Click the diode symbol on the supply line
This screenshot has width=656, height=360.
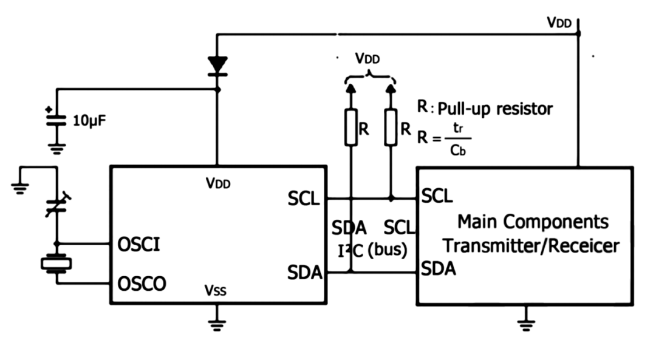pyautogui.click(x=217, y=65)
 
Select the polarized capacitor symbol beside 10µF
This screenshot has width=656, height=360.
pyautogui.click(x=57, y=121)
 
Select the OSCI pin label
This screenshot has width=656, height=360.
pyautogui.click(x=138, y=245)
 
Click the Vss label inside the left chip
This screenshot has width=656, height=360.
pyautogui.click(x=216, y=291)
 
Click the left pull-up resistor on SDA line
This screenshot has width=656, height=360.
pyautogui.click(x=350, y=127)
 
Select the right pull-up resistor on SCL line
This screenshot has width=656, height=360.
pyautogui.click(x=391, y=127)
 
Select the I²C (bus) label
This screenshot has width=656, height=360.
pyautogui.click(x=371, y=250)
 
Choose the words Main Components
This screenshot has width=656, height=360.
pyautogui.click(x=533, y=221)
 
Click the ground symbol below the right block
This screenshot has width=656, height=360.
pyautogui.click(x=527, y=323)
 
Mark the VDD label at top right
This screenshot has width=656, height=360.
pyautogui.click(x=559, y=22)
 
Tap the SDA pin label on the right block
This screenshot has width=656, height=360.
pyautogui.click(x=439, y=268)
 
